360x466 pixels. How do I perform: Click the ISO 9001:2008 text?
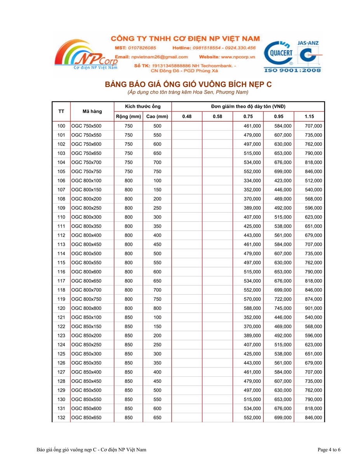[x=292, y=70]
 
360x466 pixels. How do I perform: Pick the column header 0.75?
[x=248, y=116]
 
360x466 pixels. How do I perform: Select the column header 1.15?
[x=309, y=116]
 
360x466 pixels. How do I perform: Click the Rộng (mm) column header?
[x=128, y=116]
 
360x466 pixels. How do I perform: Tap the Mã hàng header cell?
[x=92, y=111]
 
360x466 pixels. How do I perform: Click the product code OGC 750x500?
[x=86, y=126]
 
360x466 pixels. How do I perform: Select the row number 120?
[x=61, y=308]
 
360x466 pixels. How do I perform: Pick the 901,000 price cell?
[x=313, y=308]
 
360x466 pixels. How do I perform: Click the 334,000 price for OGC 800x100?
[x=252, y=181]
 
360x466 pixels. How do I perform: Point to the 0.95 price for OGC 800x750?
[x=283, y=299]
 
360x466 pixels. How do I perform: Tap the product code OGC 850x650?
[x=86, y=418]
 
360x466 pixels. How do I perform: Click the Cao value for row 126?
[x=157, y=363]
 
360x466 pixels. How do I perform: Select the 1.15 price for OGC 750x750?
[x=313, y=171]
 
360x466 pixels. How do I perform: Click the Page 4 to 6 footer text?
[x=329, y=450]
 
